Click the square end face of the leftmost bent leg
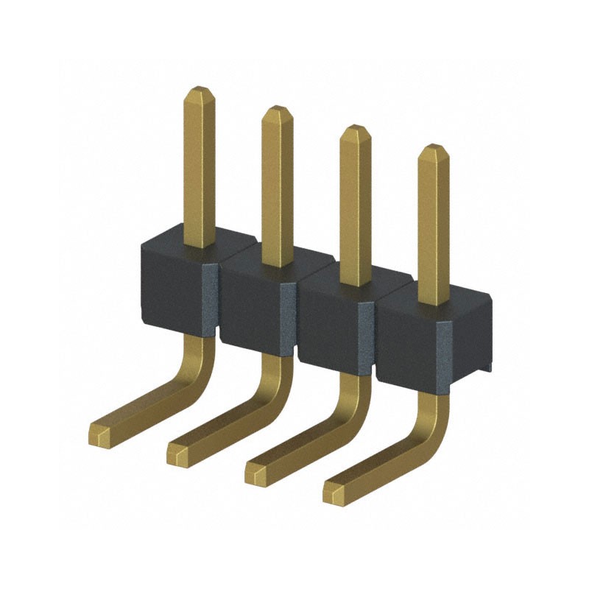(x=100, y=435)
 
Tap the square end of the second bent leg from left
(x=178, y=454)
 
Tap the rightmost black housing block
(x=412, y=342)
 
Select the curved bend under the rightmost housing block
(x=433, y=427)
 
